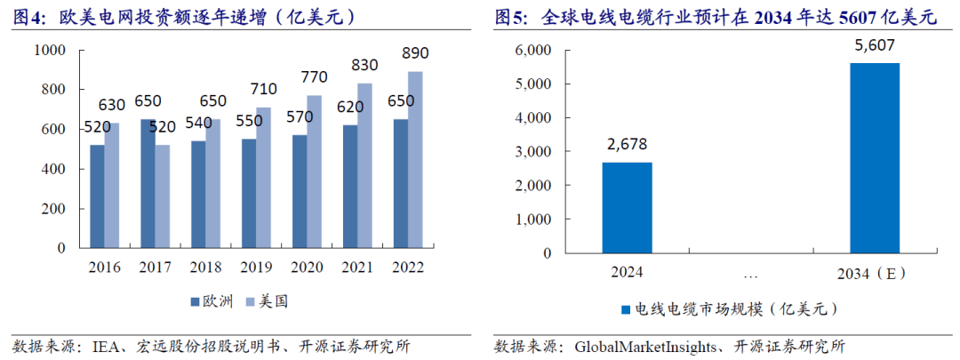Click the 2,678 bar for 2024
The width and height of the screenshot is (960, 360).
click(628, 208)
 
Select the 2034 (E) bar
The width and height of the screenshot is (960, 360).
click(874, 157)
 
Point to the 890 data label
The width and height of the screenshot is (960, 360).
click(414, 53)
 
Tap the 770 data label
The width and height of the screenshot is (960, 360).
click(313, 77)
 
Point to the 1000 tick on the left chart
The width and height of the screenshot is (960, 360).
click(50, 51)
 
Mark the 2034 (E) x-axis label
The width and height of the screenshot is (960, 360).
click(874, 272)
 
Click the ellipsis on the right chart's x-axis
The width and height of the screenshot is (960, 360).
click(750, 272)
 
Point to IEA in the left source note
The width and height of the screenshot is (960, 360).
click(107, 346)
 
